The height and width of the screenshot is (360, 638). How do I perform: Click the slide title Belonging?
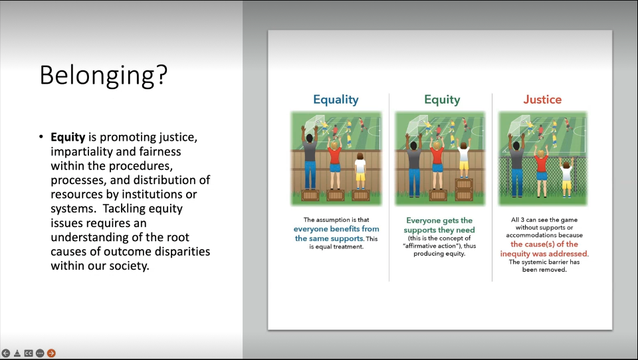click(104, 75)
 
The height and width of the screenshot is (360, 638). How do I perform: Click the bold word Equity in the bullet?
click(68, 137)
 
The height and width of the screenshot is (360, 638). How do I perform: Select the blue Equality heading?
click(336, 100)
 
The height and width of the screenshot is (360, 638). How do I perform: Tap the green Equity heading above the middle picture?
click(442, 100)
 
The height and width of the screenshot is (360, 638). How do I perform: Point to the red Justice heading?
click(542, 99)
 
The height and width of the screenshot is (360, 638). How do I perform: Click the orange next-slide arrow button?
click(51, 353)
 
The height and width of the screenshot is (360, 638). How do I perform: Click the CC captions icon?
click(29, 353)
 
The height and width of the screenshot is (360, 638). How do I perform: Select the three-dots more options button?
click(40, 353)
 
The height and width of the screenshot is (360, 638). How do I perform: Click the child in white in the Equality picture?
click(360, 171)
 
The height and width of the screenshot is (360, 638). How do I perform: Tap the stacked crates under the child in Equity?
click(464, 189)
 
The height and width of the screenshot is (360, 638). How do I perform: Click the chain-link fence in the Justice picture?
click(543, 178)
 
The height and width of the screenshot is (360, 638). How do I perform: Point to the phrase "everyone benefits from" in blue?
click(336, 229)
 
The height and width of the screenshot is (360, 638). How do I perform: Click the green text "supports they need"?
click(439, 230)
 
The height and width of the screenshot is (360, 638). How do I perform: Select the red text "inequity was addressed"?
click(544, 254)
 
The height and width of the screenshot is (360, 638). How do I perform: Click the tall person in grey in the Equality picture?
click(310, 159)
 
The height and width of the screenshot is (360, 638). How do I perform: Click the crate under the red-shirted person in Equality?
click(335, 195)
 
